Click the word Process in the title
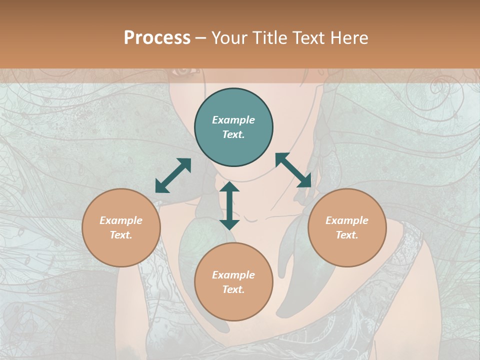pyautogui.click(x=157, y=38)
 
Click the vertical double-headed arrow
pyautogui.click(x=229, y=205)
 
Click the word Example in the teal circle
pyautogui.click(x=233, y=120)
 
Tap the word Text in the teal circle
pyautogui.click(x=233, y=134)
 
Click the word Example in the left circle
pyautogui.click(x=121, y=220)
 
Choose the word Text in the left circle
pyautogui.click(x=120, y=235)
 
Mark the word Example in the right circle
pyautogui.click(x=347, y=220)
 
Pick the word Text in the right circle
pyautogui.click(x=346, y=235)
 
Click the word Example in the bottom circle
pyautogui.click(x=233, y=275)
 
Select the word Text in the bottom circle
pyautogui.click(x=233, y=289)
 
